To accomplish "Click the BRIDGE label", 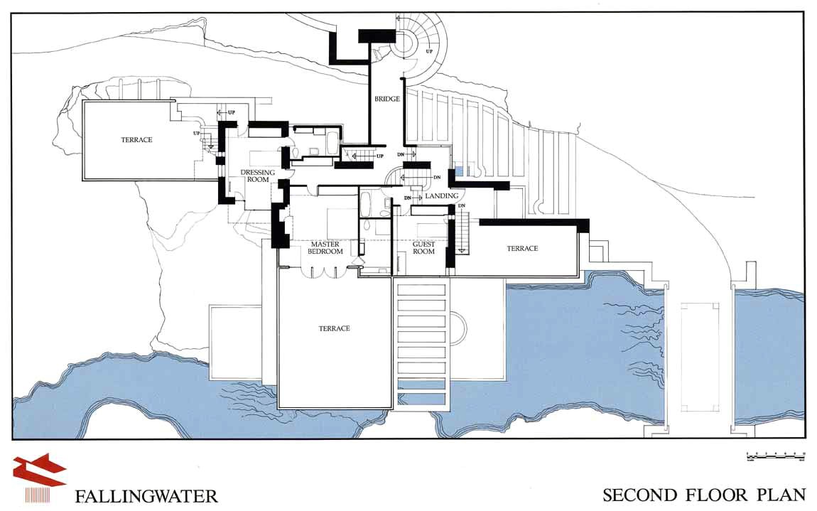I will click(387, 99).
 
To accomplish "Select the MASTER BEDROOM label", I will click(326, 248).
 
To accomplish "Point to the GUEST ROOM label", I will click(424, 247).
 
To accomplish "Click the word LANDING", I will click(442, 196).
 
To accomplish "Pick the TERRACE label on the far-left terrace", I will click(136, 140).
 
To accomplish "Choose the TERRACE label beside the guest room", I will click(522, 248).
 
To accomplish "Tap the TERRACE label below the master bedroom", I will click(334, 328).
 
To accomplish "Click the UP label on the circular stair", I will click(429, 52).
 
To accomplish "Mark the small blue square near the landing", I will click(459, 171).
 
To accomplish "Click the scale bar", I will click(775, 455).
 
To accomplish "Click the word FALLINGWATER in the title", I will click(146, 495).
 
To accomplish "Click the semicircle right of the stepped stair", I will click(460, 328).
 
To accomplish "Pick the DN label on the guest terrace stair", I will click(461, 206).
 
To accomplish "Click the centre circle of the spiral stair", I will click(408, 42).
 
